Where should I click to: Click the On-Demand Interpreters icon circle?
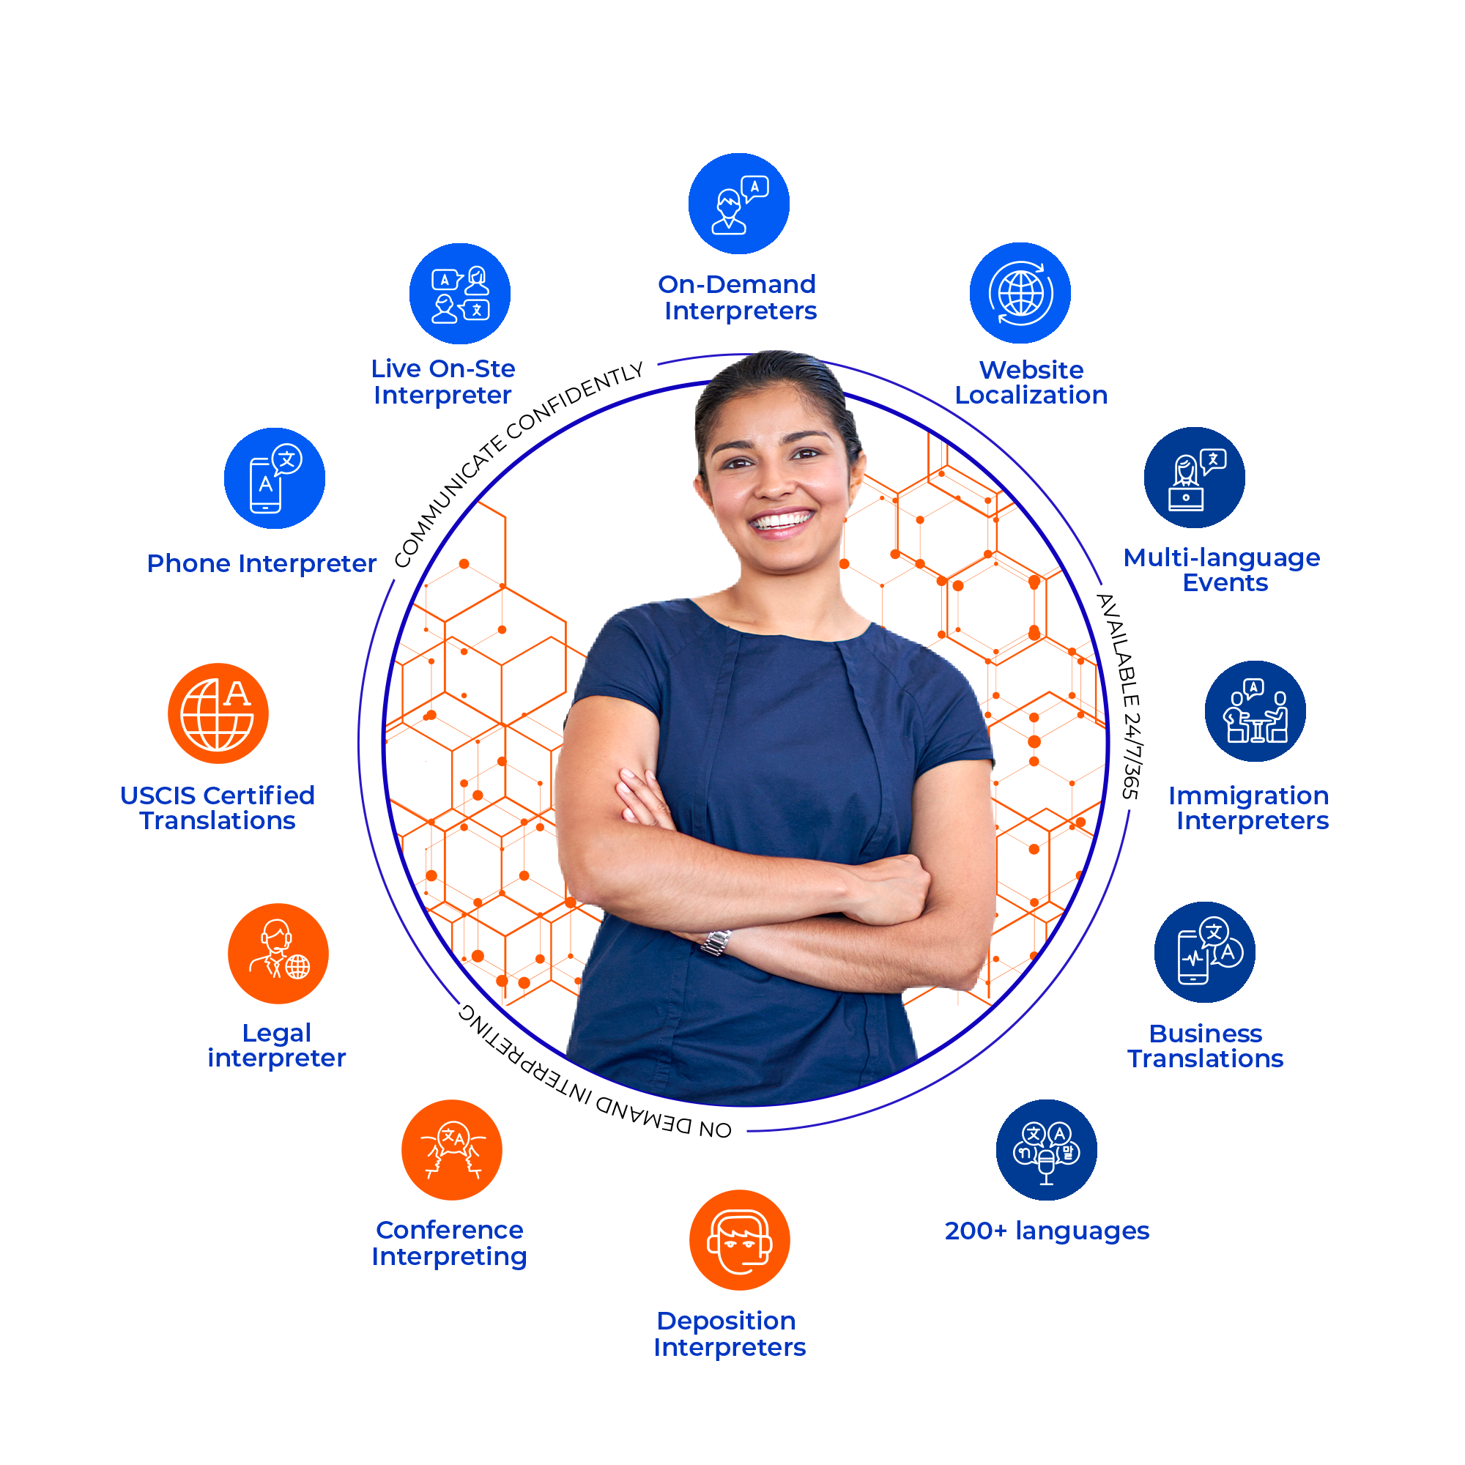click(738, 203)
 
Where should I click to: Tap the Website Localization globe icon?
click(1020, 293)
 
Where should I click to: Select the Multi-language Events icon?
click(1194, 477)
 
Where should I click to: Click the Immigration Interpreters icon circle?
click(1255, 711)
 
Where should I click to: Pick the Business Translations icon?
click(1204, 952)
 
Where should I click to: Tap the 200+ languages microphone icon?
click(1047, 1149)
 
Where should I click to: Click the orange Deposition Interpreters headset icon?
click(739, 1240)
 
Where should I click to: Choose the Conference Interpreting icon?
click(452, 1149)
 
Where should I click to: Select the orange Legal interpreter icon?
click(278, 953)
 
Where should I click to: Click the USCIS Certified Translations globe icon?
click(218, 713)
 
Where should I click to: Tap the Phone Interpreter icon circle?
click(275, 478)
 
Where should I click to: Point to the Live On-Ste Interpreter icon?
click(459, 294)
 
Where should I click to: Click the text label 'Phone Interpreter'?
click(262, 563)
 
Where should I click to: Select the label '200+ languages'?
click(1047, 1231)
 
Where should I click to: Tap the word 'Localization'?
click(1031, 395)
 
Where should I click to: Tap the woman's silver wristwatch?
click(715, 942)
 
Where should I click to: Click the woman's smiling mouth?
click(781, 522)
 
